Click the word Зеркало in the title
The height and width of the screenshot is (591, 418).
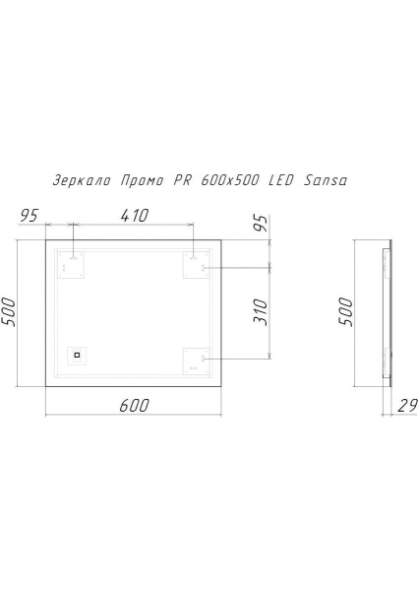coord(82,180)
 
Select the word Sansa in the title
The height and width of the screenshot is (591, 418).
coord(326,180)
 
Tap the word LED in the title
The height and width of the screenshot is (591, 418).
coord(281,180)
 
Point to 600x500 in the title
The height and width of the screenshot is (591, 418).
coord(230,180)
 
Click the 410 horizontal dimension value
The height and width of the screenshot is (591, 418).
coord(135,215)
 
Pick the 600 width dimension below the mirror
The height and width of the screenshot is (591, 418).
coord(135,406)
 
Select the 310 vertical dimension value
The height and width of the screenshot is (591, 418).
coord(261,312)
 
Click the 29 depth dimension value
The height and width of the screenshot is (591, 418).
coord(407,406)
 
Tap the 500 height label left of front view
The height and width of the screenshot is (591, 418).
coord(9,312)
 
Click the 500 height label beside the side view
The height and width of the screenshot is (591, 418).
coord(345,312)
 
